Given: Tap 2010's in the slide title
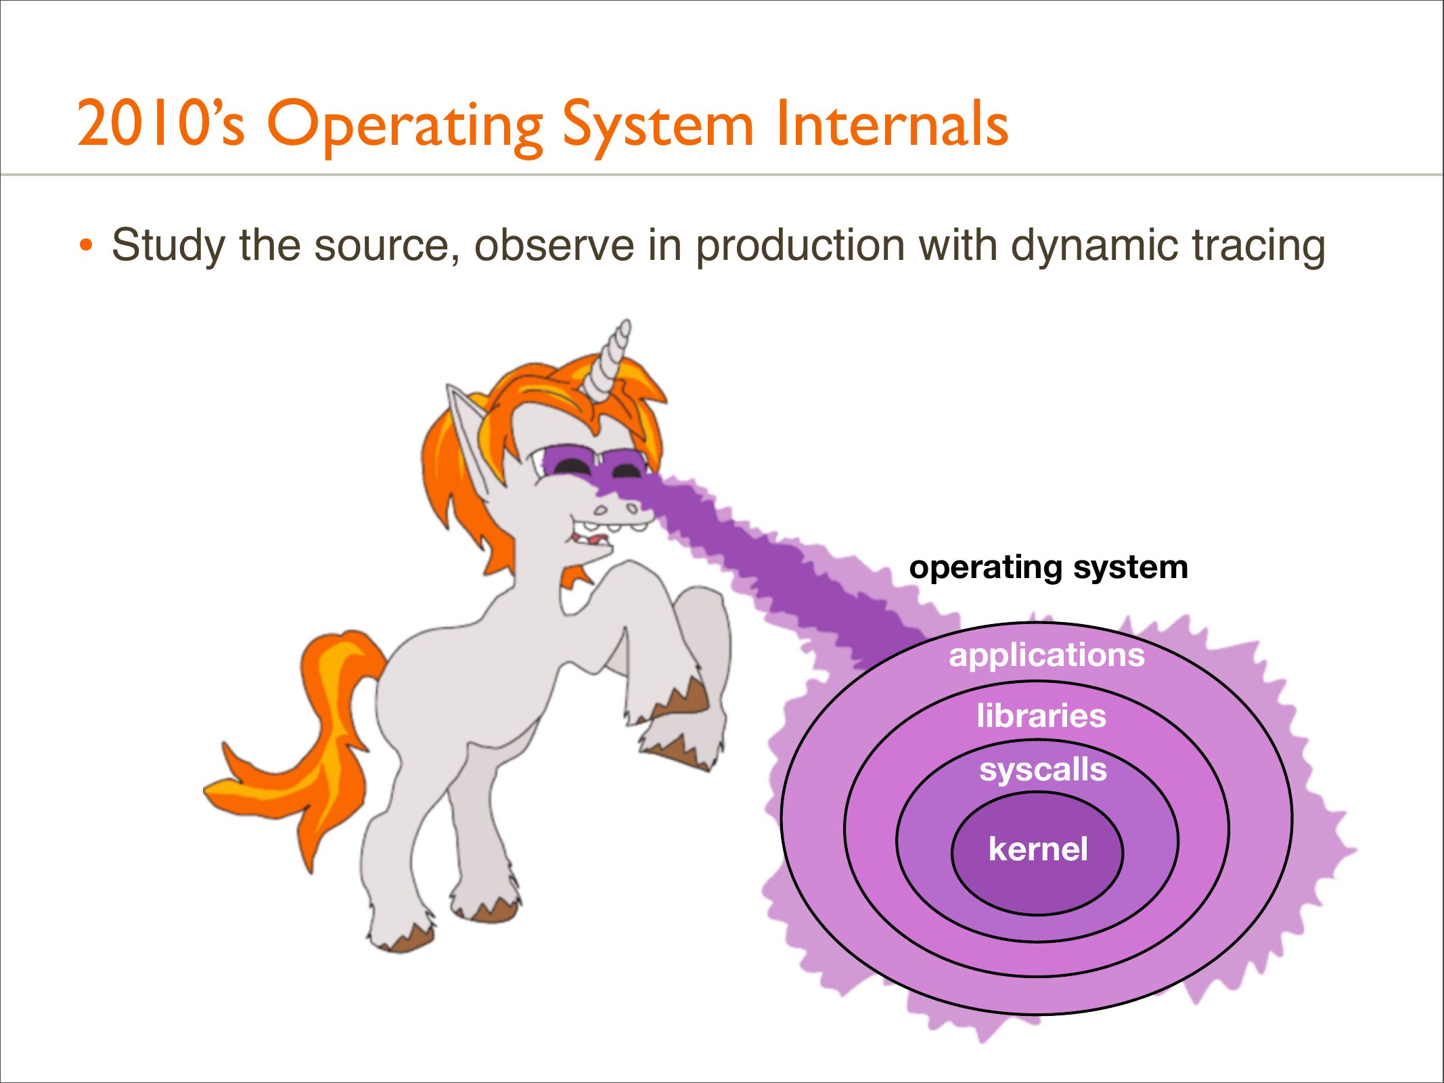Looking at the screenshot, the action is (161, 123).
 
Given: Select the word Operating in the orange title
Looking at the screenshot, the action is (405, 127).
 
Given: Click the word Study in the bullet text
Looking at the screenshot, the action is (168, 246).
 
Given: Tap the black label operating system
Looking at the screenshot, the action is (1048, 567).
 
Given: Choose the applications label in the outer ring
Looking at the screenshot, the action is (1047, 655).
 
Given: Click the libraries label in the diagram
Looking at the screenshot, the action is (1041, 715).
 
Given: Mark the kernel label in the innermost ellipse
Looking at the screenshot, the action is (1038, 849).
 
